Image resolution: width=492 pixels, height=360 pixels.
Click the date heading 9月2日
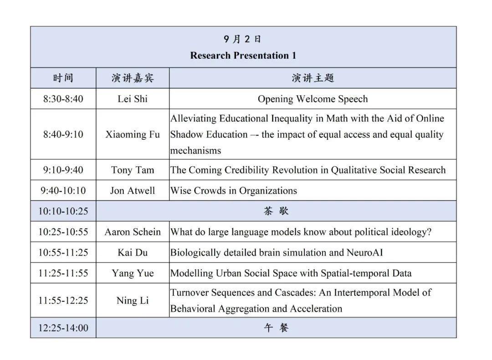click(x=243, y=40)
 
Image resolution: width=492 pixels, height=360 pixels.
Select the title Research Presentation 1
click(x=243, y=56)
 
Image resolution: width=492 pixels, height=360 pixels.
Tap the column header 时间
click(x=63, y=78)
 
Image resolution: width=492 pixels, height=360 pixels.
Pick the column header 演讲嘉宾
click(x=133, y=78)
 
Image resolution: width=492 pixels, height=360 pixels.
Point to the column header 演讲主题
click(x=313, y=78)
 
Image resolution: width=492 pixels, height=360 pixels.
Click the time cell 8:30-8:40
click(x=63, y=99)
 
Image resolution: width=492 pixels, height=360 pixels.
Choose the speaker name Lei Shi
click(x=133, y=99)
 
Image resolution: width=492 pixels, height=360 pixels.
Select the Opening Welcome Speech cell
click(x=313, y=99)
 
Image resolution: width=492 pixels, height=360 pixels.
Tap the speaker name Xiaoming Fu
click(x=133, y=134)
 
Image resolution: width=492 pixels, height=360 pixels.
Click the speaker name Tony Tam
click(x=133, y=170)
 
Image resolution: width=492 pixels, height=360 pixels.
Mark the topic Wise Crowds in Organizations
click(x=233, y=191)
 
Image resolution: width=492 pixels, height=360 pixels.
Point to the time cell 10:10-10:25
click(x=63, y=211)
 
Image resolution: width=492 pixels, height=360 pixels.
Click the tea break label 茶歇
click(x=276, y=211)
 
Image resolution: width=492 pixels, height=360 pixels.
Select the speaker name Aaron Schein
click(x=133, y=232)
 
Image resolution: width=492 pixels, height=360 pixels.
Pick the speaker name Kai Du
click(x=133, y=252)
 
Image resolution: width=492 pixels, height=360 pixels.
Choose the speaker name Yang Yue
click(x=133, y=273)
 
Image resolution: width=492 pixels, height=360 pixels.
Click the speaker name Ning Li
click(x=133, y=300)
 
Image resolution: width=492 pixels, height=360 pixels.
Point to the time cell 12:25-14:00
click(x=63, y=328)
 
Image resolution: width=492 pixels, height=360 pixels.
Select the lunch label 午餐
click(x=276, y=328)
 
